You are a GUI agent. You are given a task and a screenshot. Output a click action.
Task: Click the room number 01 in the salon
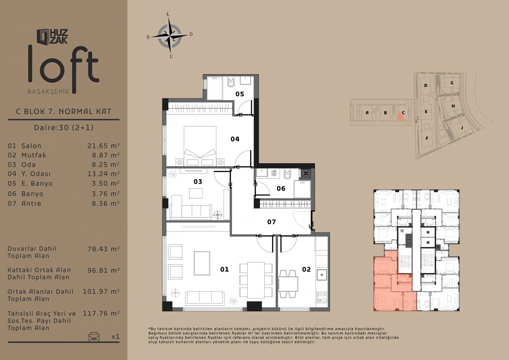pos(224,269)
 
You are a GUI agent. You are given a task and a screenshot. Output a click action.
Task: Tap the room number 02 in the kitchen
pos(306,269)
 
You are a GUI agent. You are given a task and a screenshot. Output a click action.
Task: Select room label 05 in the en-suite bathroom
pos(240,94)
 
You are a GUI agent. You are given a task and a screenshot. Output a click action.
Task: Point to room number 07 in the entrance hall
pos(271,222)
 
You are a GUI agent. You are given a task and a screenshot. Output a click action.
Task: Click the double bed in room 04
pos(200,145)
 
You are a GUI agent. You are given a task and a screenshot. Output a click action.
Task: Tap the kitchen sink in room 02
pos(322,275)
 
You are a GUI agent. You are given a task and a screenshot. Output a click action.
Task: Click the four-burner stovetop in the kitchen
pos(322,297)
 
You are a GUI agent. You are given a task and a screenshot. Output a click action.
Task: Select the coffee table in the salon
pos(202,263)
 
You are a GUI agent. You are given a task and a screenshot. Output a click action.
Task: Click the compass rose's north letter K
pos(168,14)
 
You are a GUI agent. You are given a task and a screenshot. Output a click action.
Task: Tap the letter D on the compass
pos(191,34)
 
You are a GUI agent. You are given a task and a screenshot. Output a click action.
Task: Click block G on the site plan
pos(452,83)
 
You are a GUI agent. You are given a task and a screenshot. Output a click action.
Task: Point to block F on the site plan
pos(427,138)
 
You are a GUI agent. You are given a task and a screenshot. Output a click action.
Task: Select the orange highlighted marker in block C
pos(400,117)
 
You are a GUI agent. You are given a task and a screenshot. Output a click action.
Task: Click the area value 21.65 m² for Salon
pos(103,145)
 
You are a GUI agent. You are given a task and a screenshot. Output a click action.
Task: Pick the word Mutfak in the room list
pos(34,155)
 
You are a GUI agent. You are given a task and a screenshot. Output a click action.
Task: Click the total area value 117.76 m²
pos(101,313)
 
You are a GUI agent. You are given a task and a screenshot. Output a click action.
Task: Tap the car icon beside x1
pos(94,336)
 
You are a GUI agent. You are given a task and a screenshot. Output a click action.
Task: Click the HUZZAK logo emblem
pos(43,36)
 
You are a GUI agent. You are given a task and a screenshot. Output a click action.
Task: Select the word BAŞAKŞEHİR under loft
pos(48,92)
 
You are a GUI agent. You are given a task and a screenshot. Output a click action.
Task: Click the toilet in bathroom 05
pos(231,82)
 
